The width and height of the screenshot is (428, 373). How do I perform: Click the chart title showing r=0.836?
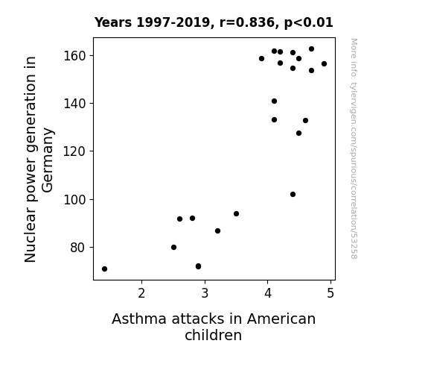pos(214,22)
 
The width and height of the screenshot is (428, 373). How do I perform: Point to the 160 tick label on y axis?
pos(74,56)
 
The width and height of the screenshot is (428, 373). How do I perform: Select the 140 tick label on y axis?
pos(74,104)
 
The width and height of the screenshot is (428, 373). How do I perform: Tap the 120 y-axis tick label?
pos(74,151)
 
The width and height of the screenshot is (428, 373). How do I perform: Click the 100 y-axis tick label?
pos(74,199)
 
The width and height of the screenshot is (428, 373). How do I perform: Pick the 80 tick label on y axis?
pos(78,248)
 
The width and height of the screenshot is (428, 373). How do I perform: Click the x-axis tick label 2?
pos(141,293)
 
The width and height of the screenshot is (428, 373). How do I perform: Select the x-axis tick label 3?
pos(205,293)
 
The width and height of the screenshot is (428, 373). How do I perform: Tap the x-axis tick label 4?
pos(268,293)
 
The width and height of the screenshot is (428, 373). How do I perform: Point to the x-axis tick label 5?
pos(330,293)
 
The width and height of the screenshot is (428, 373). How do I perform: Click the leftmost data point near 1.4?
pos(104,269)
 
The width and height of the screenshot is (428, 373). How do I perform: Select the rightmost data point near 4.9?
pos(324,63)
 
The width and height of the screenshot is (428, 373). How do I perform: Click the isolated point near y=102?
pos(293,194)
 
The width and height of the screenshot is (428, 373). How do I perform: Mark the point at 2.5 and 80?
pos(173,247)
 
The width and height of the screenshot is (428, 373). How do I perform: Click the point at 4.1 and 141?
pos(274,101)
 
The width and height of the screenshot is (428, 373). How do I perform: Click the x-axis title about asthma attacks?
pos(214,327)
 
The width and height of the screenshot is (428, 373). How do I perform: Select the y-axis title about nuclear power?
pos(38,159)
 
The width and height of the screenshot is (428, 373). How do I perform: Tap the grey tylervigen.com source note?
pos(354,148)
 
